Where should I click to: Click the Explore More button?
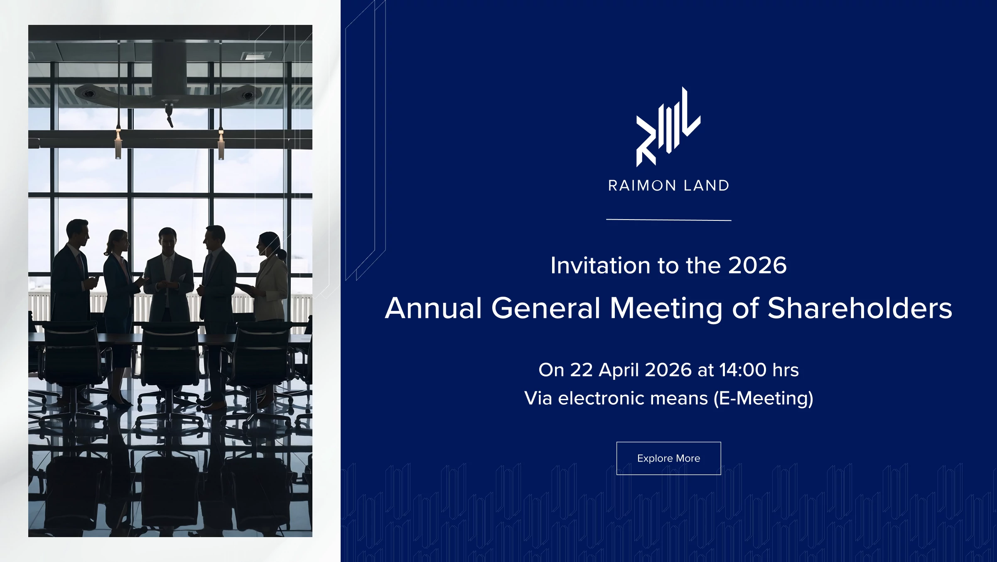point(668,458)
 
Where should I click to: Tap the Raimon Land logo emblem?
point(668,127)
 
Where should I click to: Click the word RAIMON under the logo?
point(642,186)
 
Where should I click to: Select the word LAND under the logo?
point(706,186)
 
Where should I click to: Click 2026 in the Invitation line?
point(757,265)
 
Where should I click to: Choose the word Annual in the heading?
point(433,308)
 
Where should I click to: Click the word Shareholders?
point(859,308)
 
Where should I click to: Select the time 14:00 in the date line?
point(743,370)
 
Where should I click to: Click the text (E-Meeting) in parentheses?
point(764,398)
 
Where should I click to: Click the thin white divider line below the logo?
point(669,220)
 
